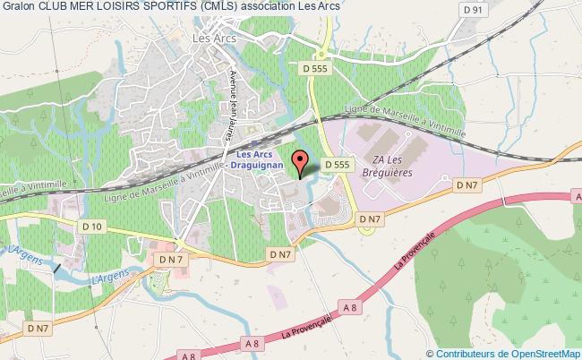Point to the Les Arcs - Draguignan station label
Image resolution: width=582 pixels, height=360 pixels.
[x=256, y=160]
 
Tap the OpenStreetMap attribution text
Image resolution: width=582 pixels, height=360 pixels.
[x=504, y=353]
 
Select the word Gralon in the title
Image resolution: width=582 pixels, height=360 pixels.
[x=20, y=8]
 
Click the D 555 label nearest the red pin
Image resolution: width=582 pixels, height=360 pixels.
[x=337, y=164]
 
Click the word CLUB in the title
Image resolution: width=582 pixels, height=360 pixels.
[x=56, y=8]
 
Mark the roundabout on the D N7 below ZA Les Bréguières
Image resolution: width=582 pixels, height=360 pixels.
[x=366, y=228]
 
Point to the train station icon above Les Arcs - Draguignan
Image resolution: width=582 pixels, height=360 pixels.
[x=253, y=142]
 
